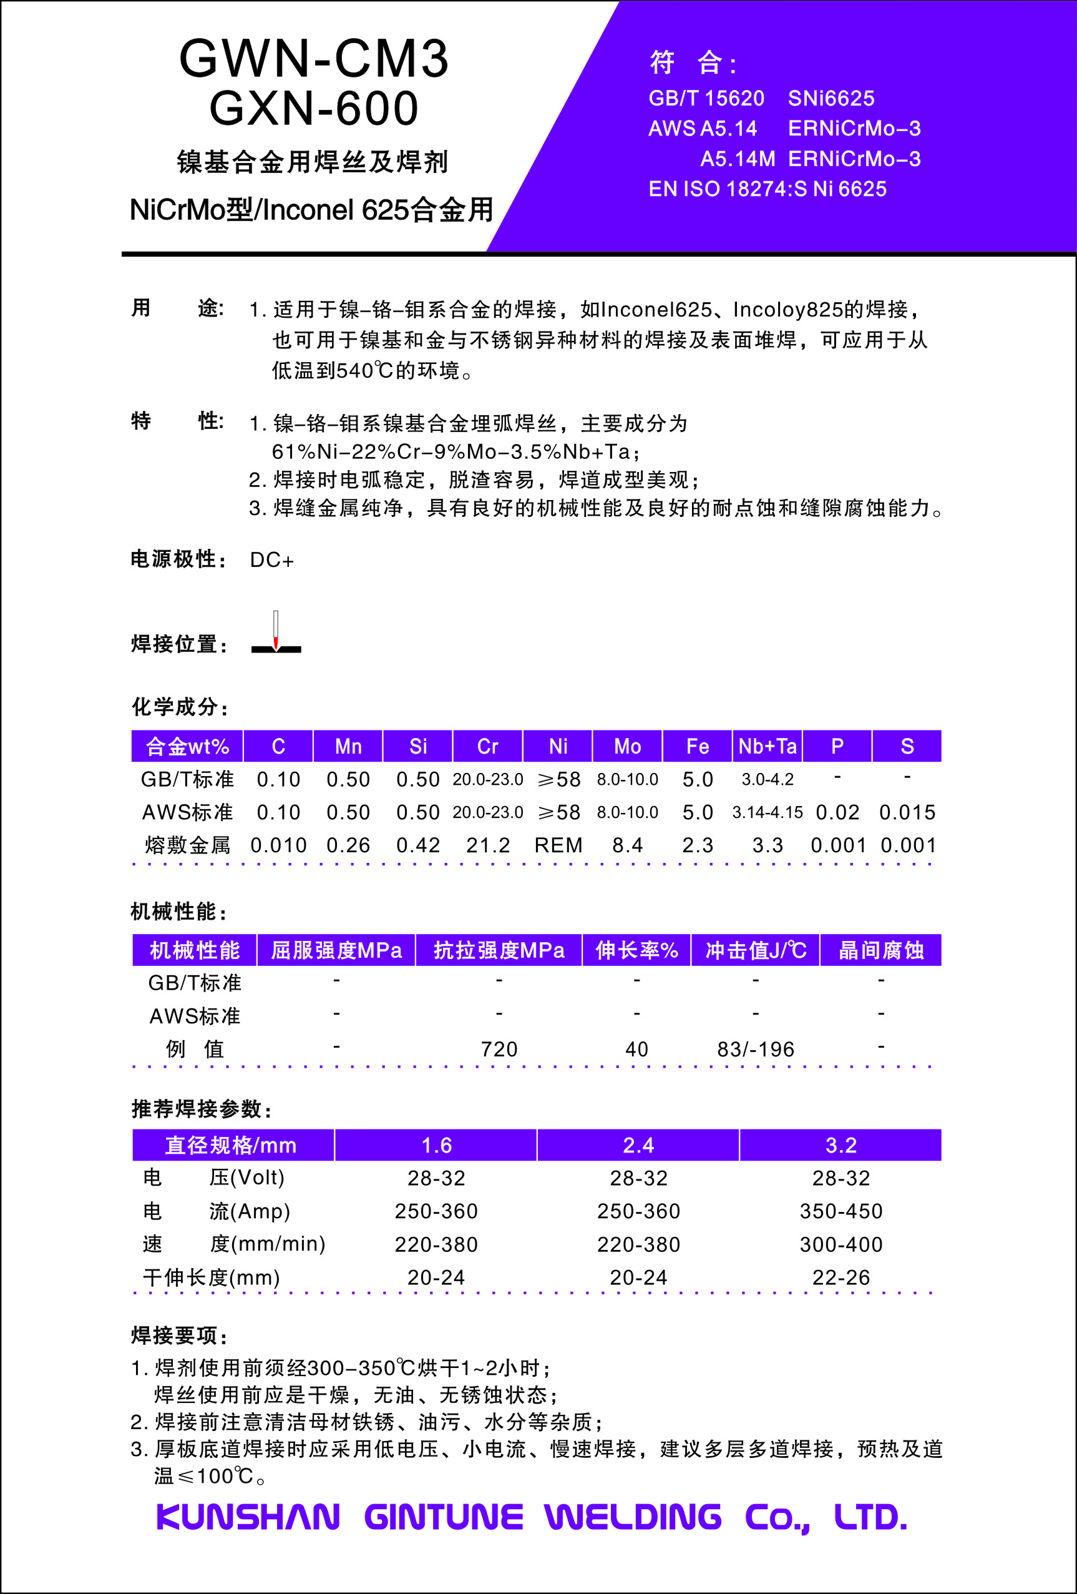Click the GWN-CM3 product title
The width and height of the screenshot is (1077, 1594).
pos(313,59)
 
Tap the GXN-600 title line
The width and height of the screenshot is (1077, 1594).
pos(313,109)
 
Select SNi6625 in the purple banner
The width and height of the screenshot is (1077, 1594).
pos(831,99)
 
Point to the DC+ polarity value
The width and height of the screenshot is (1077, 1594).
pos(271,561)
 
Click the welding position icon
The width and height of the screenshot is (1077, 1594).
pos(276,633)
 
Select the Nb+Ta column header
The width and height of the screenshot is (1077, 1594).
pos(767,746)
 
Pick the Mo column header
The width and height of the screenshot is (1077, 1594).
pos(627,746)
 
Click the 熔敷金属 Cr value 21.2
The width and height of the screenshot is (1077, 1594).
pos(487,845)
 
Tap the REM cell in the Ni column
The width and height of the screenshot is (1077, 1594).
pos(558,845)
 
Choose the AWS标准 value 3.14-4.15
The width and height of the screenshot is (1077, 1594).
pos(767,812)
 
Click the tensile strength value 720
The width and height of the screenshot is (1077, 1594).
pos(499,1050)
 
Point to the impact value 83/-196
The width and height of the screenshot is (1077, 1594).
pos(756,1050)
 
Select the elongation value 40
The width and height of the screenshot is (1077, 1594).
pos(636,1050)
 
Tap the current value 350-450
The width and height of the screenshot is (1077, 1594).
pos(841,1211)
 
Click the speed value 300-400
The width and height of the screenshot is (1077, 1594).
pos(841,1244)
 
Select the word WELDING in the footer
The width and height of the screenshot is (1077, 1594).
pos(633,1517)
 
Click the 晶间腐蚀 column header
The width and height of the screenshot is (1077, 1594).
pos(881,950)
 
